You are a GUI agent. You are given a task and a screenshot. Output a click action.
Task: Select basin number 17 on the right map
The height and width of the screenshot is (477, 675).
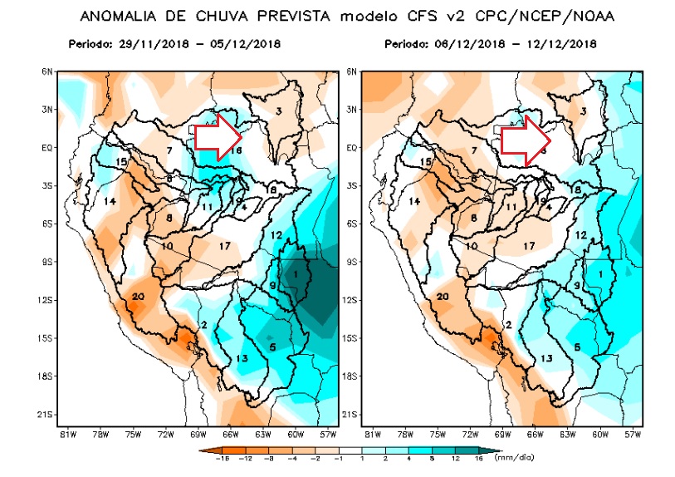click(530, 246)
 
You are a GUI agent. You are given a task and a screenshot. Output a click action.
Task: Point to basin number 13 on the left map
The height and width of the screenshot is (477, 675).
click(242, 358)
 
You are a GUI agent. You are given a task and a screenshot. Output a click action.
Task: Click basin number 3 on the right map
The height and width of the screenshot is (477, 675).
click(584, 111)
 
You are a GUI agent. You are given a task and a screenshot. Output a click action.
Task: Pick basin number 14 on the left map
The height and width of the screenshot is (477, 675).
click(110, 202)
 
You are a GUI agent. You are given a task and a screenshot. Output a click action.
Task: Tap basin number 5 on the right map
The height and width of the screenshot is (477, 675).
click(576, 347)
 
